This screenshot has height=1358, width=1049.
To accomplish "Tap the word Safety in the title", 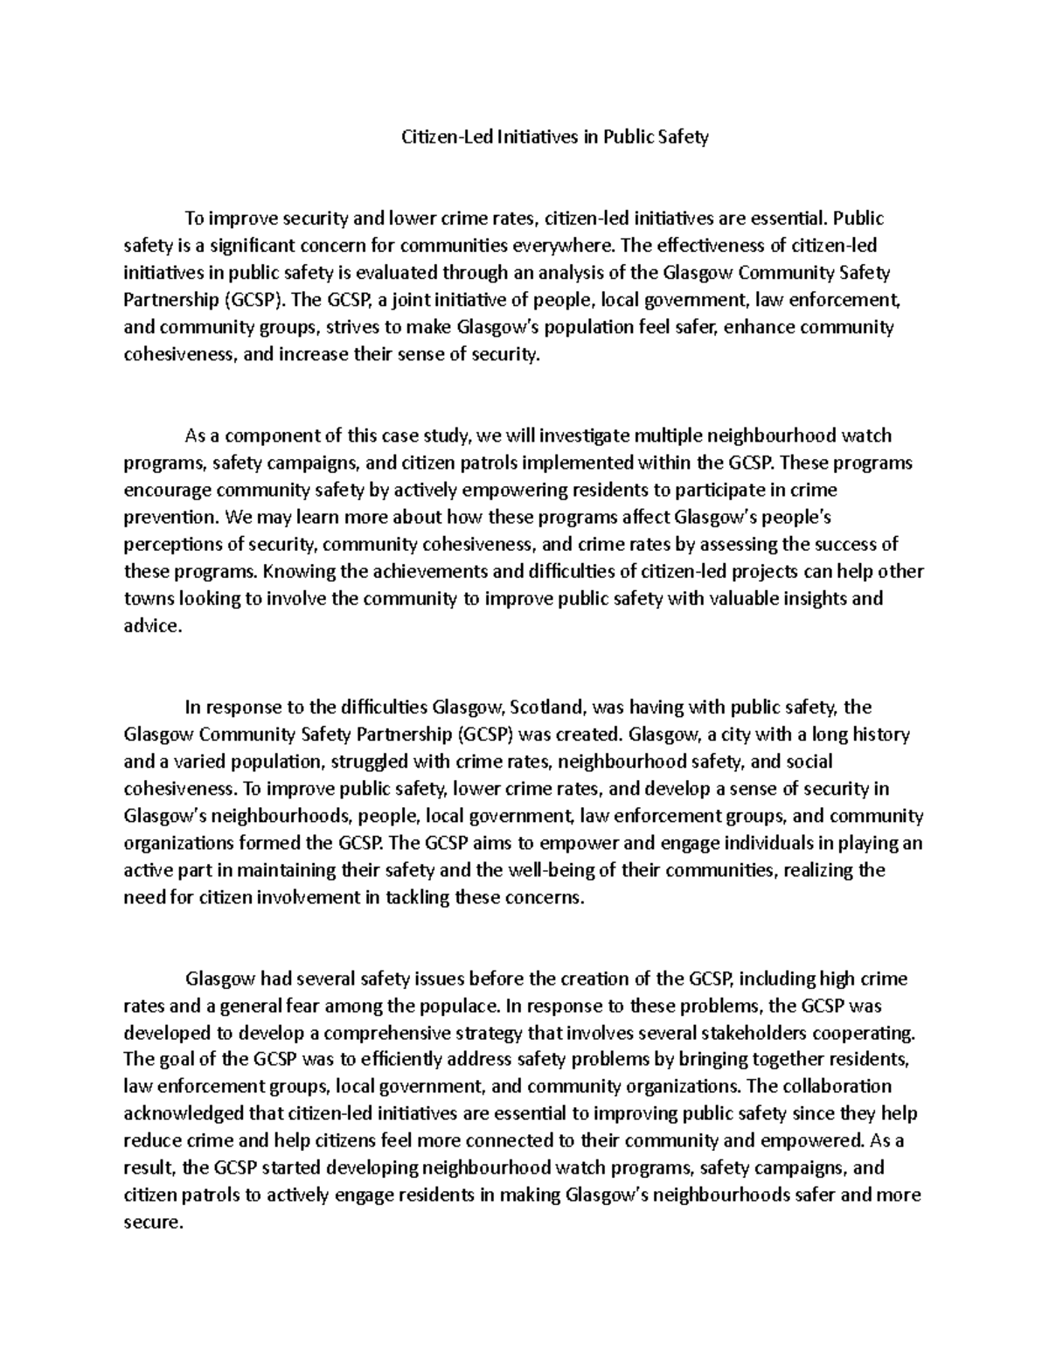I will coord(681,137).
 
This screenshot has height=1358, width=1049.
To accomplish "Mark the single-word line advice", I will coord(152,626).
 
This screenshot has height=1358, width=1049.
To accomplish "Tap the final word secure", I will coord(153,1222).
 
